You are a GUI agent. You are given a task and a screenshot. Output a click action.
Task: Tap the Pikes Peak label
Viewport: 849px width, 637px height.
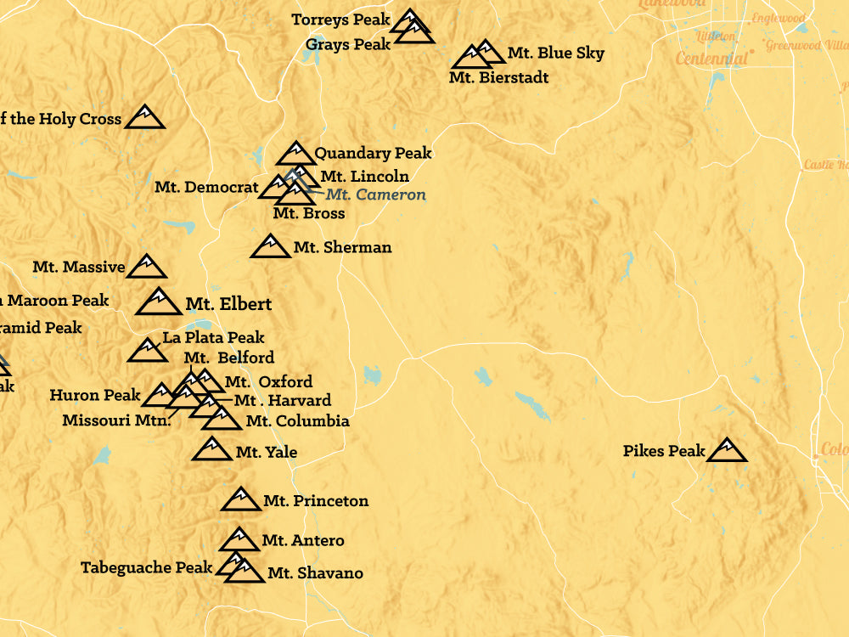click(664, 451)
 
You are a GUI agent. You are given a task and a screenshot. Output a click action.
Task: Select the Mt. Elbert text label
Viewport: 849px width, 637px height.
click(228, 304)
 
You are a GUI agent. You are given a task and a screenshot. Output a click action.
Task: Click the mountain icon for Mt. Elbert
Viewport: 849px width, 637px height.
click(159, 302)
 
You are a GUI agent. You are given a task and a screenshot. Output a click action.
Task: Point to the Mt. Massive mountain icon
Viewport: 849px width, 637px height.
click(146, 267)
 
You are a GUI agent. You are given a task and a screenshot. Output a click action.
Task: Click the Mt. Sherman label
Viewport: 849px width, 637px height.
click(342, 248)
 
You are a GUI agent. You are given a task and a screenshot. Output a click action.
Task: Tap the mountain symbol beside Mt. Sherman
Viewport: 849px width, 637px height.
click(271, 246)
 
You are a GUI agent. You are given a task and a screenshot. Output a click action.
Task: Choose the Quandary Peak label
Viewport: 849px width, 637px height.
click(373, 154)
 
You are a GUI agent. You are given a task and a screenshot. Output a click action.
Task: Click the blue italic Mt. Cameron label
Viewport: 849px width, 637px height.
click(376, 194)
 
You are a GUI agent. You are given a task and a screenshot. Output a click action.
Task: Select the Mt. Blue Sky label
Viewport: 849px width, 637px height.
click(556, 54)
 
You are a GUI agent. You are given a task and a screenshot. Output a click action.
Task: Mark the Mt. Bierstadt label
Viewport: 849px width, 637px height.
click(498, 78)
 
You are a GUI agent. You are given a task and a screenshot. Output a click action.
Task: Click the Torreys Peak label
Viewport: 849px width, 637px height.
click(340, 20)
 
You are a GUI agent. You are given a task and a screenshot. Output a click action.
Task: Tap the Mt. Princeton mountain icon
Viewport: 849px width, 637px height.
click(241, 499)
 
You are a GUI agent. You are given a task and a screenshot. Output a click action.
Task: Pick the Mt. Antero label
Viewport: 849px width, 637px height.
click(303, 540)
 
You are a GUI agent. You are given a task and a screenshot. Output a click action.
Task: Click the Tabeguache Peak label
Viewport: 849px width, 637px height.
click(146, 567)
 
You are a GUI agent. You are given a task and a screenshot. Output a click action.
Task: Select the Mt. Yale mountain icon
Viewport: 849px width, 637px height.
click(211, 449)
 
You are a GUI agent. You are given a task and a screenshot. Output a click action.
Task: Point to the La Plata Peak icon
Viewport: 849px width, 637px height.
click(147, 351)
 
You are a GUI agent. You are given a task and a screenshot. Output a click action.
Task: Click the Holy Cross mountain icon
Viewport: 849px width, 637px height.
click(144, 118)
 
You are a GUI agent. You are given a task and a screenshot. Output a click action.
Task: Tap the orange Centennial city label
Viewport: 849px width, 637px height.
click(711, 59)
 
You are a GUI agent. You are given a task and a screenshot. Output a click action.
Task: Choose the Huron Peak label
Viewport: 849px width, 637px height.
click(95, 395)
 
